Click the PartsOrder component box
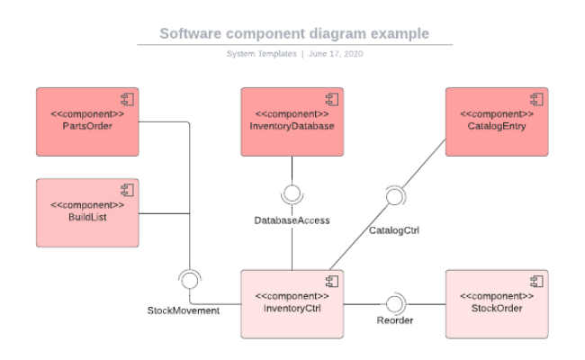[86, 121]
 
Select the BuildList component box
[86, 212]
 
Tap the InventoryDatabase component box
[292, 121]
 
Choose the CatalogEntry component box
[497, 121]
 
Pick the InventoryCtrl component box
[292, 303]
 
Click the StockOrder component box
[497, 303]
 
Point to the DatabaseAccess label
[292, 220]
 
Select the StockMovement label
[184, 310]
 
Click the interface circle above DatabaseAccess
[292, 193]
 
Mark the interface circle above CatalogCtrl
[393, 196]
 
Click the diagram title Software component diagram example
[294, 34]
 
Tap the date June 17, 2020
[336, 54]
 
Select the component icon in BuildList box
[126, 189]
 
